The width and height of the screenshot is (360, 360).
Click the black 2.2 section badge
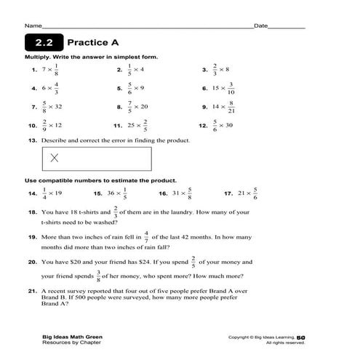point(44,42)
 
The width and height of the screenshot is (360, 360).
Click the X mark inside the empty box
point(55,158)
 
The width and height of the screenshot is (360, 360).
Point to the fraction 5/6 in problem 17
point(255,194)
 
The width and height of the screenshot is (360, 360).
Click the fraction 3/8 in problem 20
point(98,275)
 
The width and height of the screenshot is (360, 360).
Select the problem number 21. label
point(33,290)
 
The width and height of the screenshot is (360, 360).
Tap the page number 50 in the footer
point(300,337)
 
